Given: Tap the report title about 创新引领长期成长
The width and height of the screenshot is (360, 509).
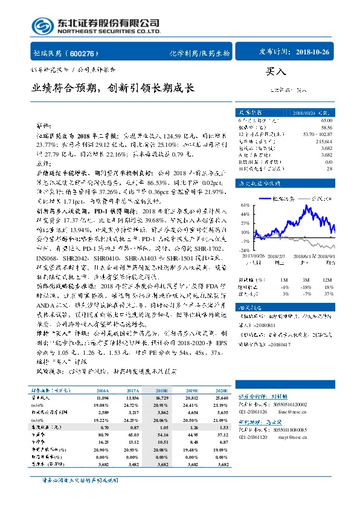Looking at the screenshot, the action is (x=113, y=88).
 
